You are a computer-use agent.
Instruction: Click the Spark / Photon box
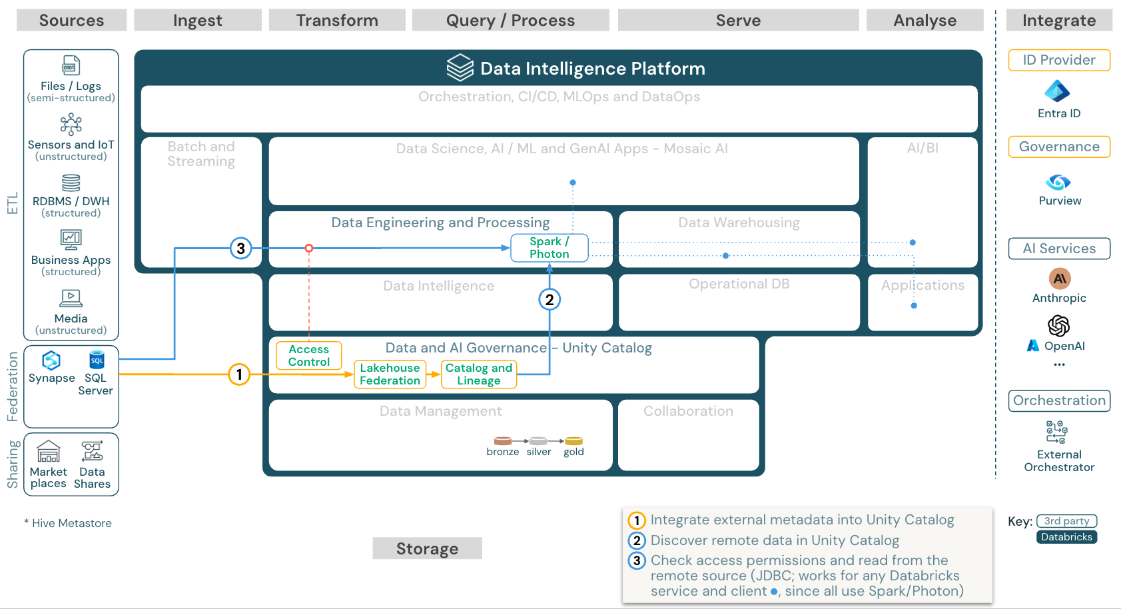pyautogui.click(x=549, y=248)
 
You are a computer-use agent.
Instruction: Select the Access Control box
pyautogui.click(x=308, y=356)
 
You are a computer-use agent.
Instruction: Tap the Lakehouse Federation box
pyautogui.click(x=390, y=374)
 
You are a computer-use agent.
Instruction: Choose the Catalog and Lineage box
pyautogui.click(x=478, y=374)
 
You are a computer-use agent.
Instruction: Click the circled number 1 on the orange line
pyautogui.click(x=239, y=374)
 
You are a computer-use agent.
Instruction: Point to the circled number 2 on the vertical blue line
pyautogui.click(x=549, y=300)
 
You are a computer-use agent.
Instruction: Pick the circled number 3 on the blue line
pyautogui.click(x=240, y=249)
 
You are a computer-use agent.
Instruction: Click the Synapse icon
pyautogui.click(x=51, y=360)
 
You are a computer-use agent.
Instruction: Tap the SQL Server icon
pyautogui.click(x=97, y=360)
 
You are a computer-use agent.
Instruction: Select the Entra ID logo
pyautogui.click(x=1057, y=91)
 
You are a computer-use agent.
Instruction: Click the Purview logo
pyautogui.click(x=1058, y=182)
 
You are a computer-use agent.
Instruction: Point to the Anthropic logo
pyautogui.click(x=1059, y=279)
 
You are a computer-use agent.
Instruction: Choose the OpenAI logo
pyautogui.click(x=1058, y=326)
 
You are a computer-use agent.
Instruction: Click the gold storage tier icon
pyautogui.click(x=573, y=441)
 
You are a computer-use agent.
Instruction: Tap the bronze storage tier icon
pyautogui.click(x=502, y=441)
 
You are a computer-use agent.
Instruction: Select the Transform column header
pyautogui.click(x=337, y=21)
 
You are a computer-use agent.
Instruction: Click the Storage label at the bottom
pyautogui.click(x=427, y=548)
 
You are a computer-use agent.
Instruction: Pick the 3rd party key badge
pyautogui.click(x=1066, y=521)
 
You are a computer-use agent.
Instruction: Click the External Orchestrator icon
pyautogui.click(x=1056, y=432)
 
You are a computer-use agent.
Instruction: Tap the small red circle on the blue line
pyautogui.click(x=308, y=248)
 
